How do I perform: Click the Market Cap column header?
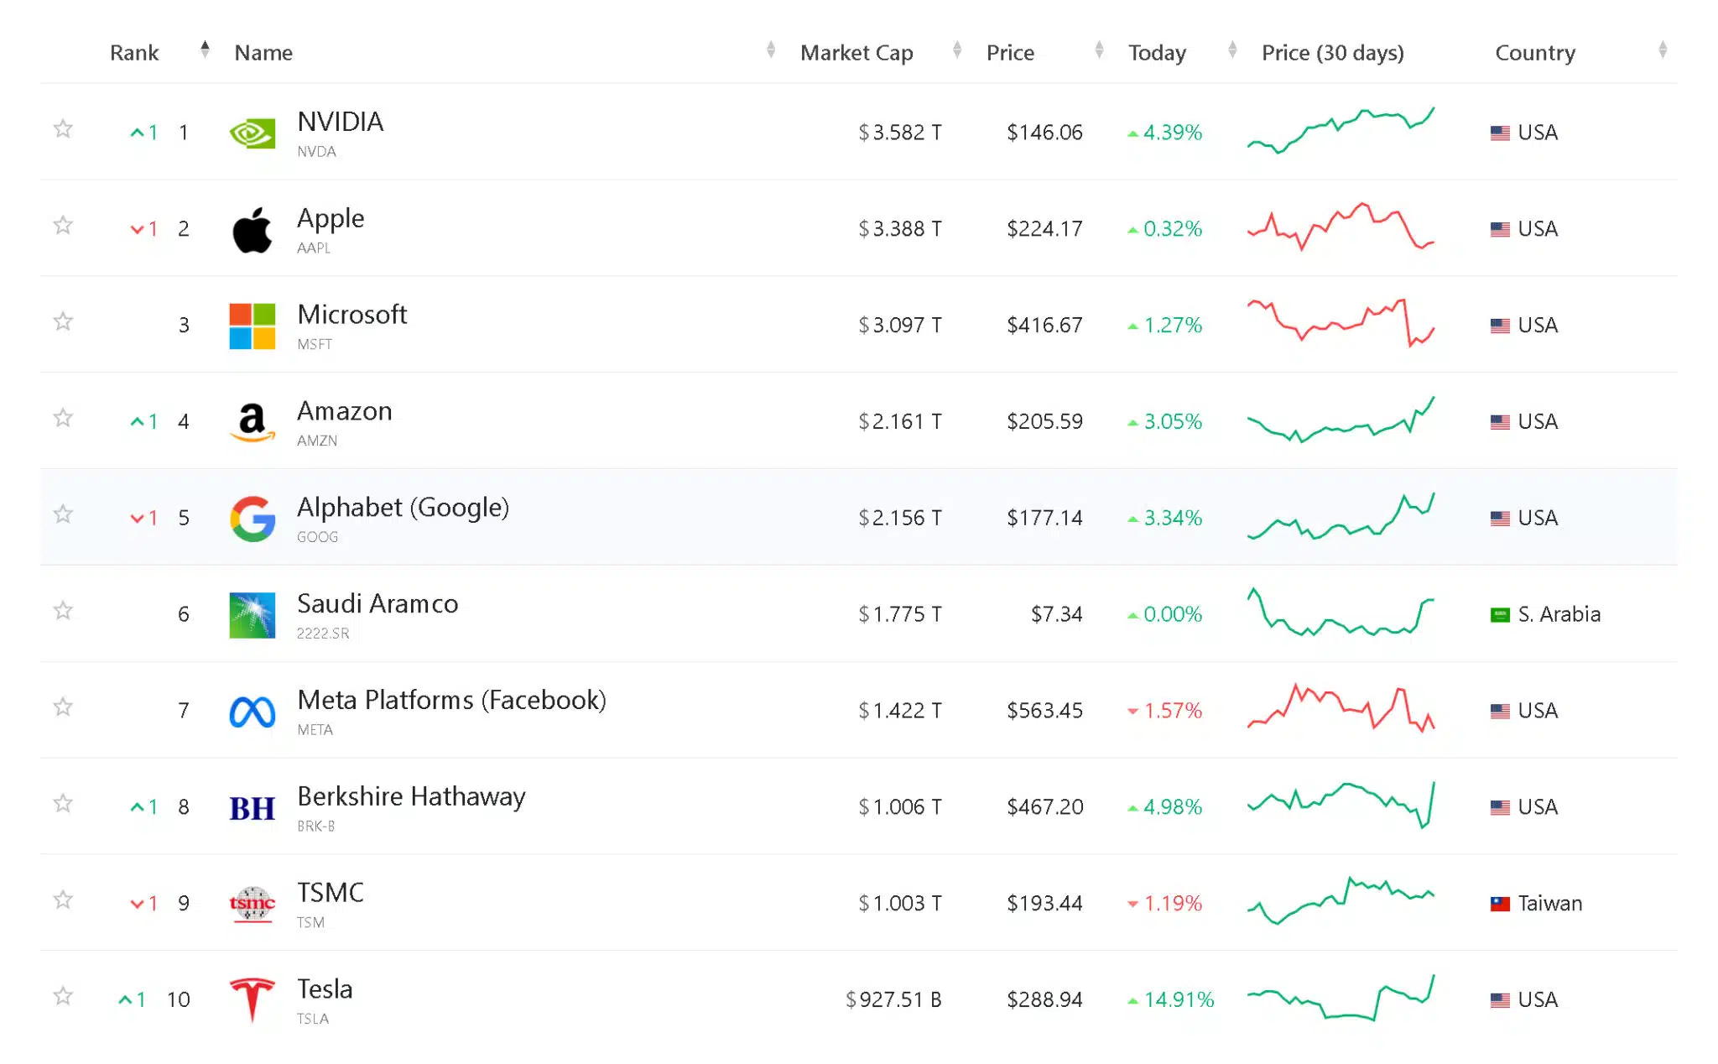(856, 53)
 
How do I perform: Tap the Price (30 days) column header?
(1332, 53)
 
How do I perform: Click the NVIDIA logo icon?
(252, 133)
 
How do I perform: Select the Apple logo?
(252, 229)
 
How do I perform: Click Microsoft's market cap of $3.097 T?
(899, 326)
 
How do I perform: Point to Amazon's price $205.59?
(1044, 421)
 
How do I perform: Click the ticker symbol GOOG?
(317, 537)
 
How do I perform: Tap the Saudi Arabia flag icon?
(1500, 615)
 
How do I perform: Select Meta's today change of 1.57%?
(1172, 711)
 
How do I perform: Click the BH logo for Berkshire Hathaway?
(252, 808)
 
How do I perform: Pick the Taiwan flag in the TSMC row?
(1500, 904)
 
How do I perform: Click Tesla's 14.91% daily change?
(1178, 1000)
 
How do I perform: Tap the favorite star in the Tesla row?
(63, 996)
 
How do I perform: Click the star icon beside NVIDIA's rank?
(63, 129)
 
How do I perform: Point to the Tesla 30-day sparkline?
(1341, 999)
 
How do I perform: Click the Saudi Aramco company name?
(377, 604)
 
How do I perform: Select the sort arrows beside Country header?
(1662, 50)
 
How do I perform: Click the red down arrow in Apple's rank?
(137, 230)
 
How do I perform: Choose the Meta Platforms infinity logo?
(252, 712)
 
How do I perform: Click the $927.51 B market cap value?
(893, 1000)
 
